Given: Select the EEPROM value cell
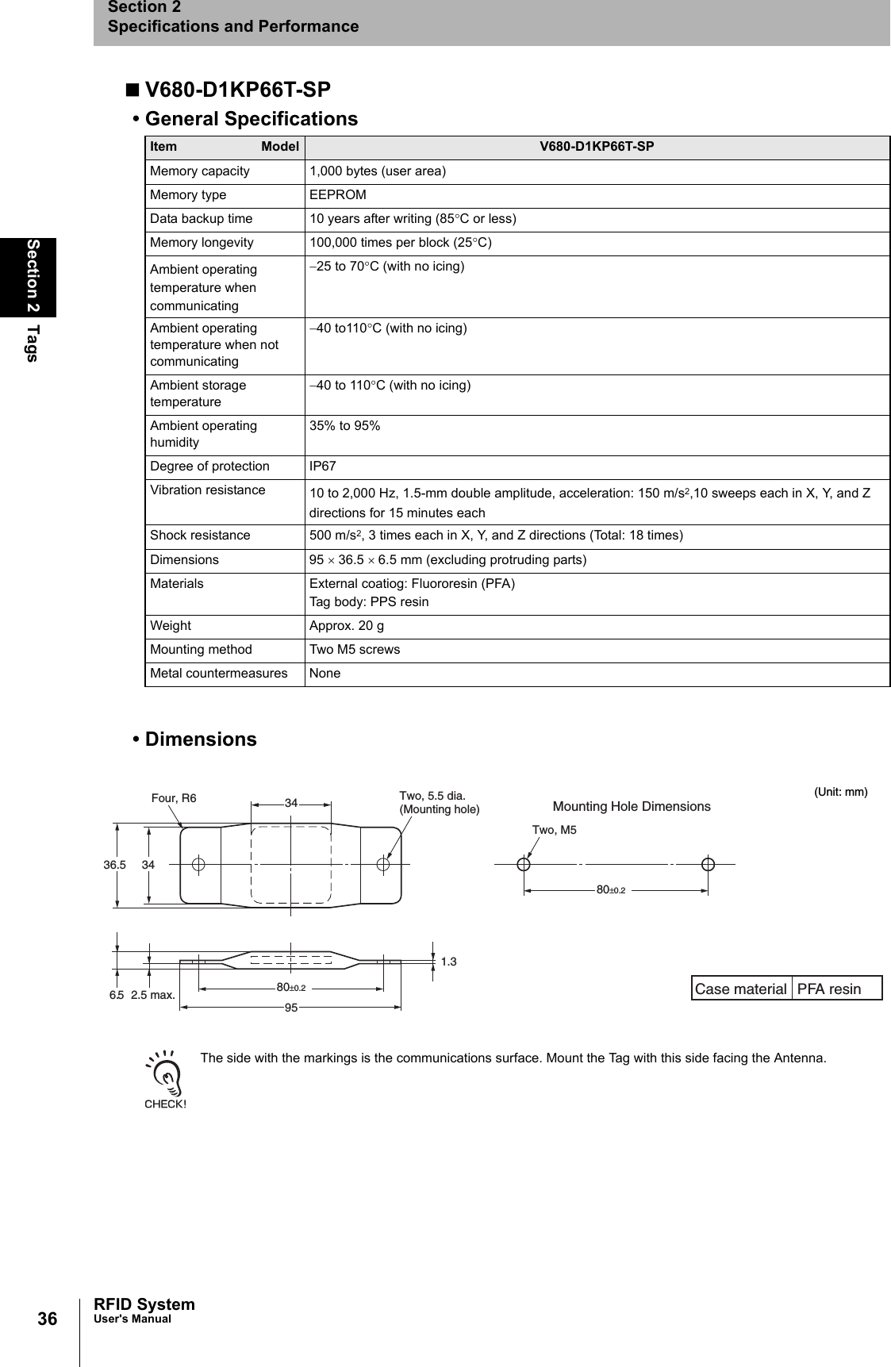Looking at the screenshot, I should tap(338, 195).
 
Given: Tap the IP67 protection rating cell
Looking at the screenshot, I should tap(322, 467).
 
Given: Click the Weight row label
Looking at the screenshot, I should tap(171, 626).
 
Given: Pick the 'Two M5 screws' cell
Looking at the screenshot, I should tap(355, 650).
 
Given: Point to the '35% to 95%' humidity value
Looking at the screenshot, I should tap(344, 426).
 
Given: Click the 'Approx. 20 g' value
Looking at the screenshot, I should tap(347, 626).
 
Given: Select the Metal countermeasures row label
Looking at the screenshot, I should tap(219, 674).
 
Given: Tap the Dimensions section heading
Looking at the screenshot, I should tap(200, 739).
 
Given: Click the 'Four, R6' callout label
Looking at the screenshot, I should tap(174, 798).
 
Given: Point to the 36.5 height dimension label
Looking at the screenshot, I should tap(114, 865).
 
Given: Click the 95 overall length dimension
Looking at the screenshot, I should tap(291, 1008).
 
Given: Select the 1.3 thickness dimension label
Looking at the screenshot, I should tap(448, 962).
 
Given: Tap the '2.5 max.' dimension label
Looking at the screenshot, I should tap(153, 995).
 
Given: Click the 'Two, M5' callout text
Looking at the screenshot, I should tap(554, 830).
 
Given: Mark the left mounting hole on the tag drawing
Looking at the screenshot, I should tap(198, 864).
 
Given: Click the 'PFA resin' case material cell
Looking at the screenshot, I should tap(829, 989).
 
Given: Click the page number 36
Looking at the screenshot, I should tap(48, 1319).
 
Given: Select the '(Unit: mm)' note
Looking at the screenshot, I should tap(841, 792).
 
